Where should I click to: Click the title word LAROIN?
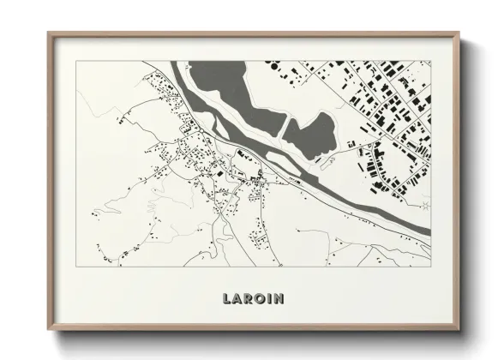[x=252, y=299]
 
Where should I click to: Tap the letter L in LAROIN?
[x=227, y=299]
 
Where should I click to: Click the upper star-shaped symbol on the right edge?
[x=426, y=63]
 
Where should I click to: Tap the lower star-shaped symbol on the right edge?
[x=426, y=205]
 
